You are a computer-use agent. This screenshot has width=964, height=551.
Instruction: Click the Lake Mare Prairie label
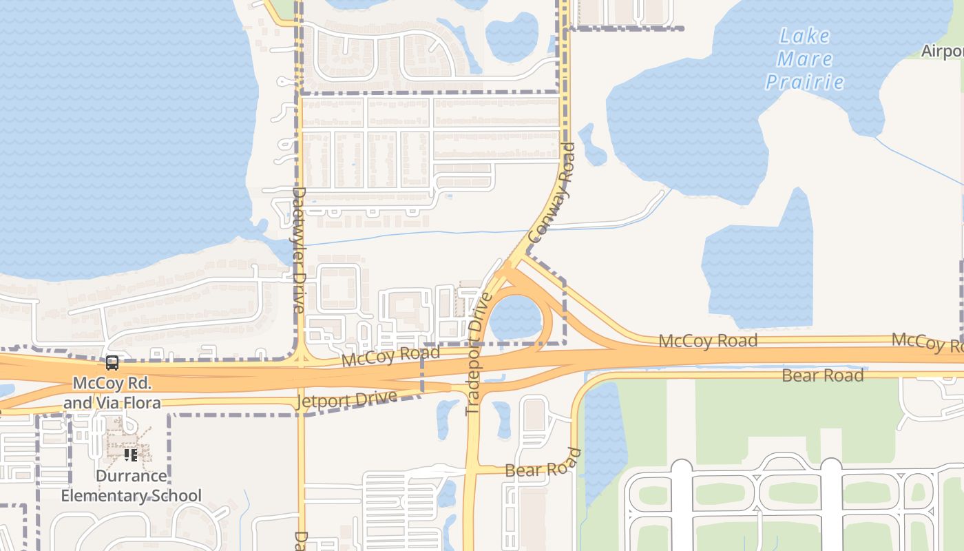pos(805,59)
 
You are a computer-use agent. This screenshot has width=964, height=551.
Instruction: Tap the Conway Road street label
pos(552,192)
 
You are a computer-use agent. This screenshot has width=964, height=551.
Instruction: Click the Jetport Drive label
pos(347,401)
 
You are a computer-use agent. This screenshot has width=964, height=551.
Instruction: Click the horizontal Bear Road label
pos(822,376)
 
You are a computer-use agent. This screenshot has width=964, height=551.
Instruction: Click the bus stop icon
pos(112,362)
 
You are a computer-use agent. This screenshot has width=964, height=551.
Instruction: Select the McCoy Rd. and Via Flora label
pos(112,393)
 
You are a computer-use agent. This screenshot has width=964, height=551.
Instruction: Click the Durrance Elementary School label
pos(131,486)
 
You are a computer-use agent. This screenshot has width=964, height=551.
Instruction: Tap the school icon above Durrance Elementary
pos(130,455)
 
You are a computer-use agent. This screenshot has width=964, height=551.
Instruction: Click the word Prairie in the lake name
pos(805,82)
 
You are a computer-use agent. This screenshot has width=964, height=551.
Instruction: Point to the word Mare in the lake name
pos(805,59)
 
